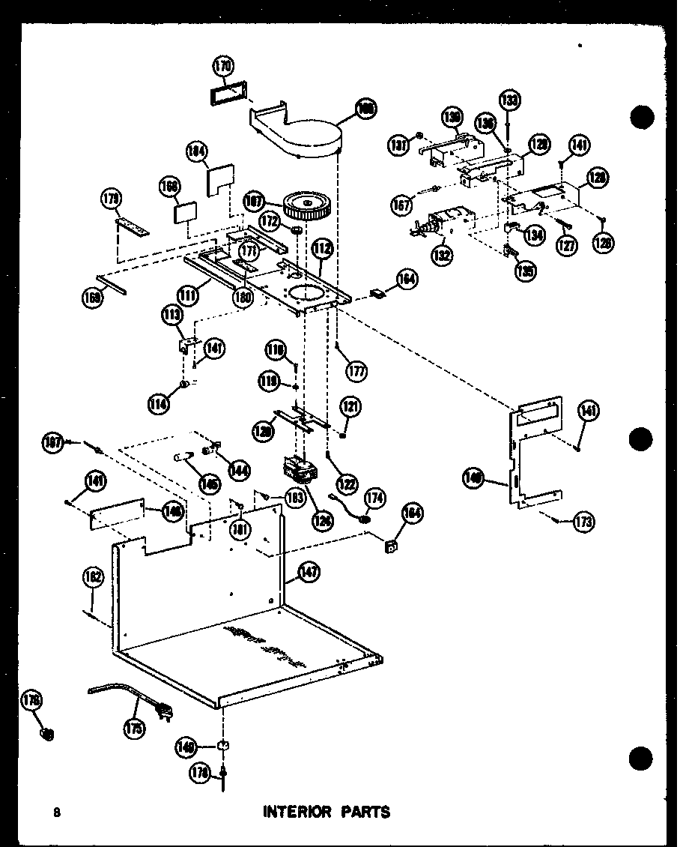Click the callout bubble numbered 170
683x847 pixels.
click(222, 67)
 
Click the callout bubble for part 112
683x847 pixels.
click(323, 247)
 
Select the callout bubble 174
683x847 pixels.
click(374, 497)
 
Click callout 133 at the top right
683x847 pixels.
click(510, 100)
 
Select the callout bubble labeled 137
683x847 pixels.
click(398, 142)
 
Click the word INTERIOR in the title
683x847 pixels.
click(294, 812)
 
